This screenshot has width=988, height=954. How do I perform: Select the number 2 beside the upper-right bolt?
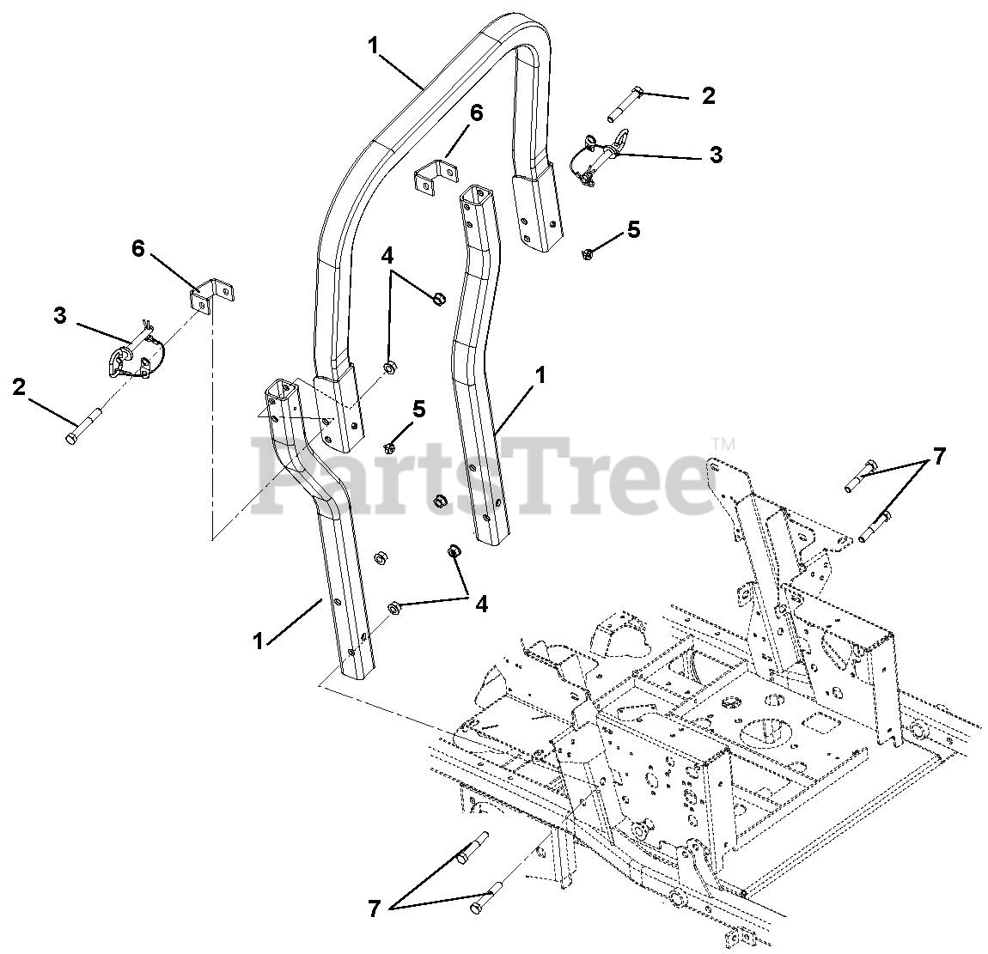pos(708,96)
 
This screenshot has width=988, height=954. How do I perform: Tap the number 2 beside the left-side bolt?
pos(20,386)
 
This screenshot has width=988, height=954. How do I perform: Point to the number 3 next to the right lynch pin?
pos(716,155)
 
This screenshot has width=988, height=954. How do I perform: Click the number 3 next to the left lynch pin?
pos(60,315)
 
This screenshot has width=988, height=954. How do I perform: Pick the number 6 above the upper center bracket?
pos(476,112)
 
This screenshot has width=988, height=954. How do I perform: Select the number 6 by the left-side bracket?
pos(138,249)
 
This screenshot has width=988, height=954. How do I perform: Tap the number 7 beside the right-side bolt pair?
pos(939,457)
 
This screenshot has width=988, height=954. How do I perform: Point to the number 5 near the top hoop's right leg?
pos(633,229)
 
